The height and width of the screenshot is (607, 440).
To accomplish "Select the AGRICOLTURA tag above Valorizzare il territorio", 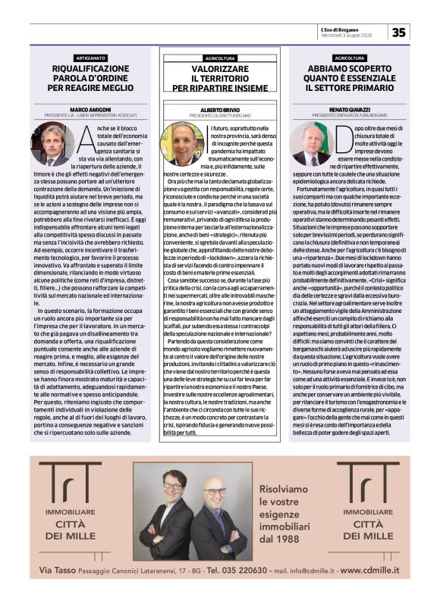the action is tap(220, 58).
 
